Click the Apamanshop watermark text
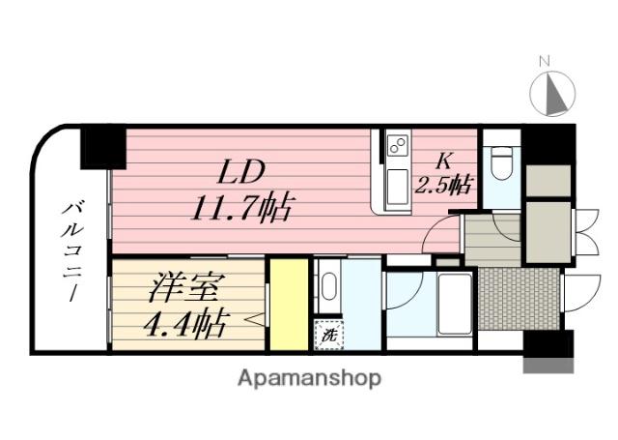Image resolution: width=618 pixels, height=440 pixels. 308,377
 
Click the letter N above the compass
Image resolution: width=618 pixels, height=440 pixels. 544,62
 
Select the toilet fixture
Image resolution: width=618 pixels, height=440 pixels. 499,162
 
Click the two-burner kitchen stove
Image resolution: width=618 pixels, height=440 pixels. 397,148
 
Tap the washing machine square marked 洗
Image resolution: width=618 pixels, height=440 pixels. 327,337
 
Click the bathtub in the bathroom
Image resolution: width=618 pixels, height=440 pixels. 453,303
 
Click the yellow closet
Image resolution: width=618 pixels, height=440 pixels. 287,305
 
